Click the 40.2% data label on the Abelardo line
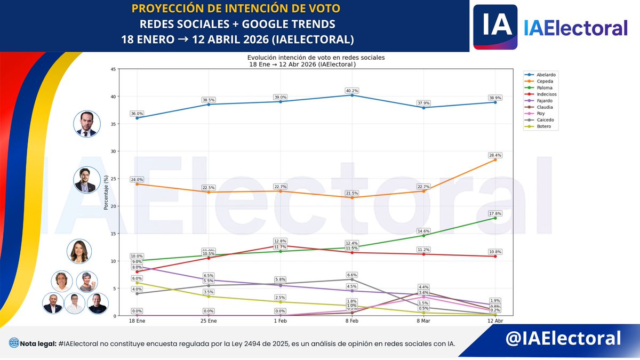(x=351, y=90)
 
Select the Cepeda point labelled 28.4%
(x=495, y=159)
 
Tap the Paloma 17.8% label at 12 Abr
(x=495, y=213)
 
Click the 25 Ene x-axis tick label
(x=209, y=322)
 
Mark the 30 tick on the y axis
(x=113, y=151)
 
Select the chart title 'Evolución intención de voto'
(x=316, y=57)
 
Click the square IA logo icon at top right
(x=495, y=26)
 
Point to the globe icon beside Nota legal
(x=13, y=343)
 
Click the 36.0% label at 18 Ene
(x=137, y=114)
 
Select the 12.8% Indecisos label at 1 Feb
(x=280, y=241)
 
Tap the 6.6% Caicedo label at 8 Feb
(x=351, y=274)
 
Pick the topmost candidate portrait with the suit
(x=86, y=124)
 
